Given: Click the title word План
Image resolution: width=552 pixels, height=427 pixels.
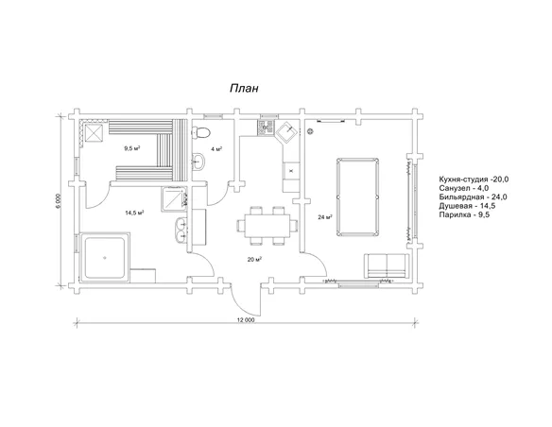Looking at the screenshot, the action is [x=244, y=88].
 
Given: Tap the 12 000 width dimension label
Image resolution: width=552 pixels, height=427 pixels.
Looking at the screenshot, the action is [x=246, y=320].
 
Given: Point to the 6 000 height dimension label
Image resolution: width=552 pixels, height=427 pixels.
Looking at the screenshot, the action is [x=58, y=201].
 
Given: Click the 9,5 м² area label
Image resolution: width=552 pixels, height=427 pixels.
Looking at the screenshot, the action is [x=132, y=148].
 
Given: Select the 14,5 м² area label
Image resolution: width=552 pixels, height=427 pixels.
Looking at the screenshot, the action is [x=134, y=213].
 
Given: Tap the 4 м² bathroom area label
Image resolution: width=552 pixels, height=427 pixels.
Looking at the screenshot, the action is [x=216, y=149].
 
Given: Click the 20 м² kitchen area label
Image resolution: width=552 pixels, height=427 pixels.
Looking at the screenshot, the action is [x=254, y=260].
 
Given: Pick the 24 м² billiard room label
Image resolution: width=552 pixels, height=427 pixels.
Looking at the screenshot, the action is [x=325, y=217].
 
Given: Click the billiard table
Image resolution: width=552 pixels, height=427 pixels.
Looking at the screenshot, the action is [x=357, y=197].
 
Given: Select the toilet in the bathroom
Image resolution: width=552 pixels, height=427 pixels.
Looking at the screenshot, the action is [x=201, y=132].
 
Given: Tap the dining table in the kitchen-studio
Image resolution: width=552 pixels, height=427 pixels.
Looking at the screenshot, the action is [x=267, y=225].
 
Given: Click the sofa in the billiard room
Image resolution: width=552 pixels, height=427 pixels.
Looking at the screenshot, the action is [x=387, y=265].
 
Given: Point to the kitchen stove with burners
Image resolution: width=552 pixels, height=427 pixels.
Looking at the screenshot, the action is [x=266, y=128].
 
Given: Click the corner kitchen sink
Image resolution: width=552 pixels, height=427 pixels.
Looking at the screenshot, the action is [x=287, y=133].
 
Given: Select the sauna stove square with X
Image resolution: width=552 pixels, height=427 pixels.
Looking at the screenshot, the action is [x=94, y=133].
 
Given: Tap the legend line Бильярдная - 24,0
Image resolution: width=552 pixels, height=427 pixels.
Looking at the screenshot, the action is [x=473, y=197].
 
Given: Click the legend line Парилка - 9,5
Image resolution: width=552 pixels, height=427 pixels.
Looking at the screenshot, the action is [x=464, y=214].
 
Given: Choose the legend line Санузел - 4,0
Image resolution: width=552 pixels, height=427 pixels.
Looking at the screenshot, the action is [x=464, y=188].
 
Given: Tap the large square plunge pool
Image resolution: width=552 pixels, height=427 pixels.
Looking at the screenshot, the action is [x=105, y=258].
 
